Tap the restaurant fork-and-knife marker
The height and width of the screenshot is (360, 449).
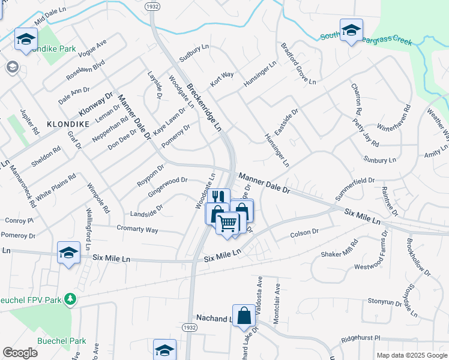point(218,197)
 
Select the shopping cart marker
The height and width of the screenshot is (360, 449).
point(227,223)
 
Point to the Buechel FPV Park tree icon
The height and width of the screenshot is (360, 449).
point(71,298)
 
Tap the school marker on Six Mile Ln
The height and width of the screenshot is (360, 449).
point(68,253)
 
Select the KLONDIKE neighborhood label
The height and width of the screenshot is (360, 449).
point(68,124)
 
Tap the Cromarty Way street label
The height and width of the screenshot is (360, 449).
point(137,230)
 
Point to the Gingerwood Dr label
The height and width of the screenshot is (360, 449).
point(167,179)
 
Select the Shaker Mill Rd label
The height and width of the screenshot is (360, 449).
point(340,248)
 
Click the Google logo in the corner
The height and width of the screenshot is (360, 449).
point(20,353)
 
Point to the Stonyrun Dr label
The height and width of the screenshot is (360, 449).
point(384,301)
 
